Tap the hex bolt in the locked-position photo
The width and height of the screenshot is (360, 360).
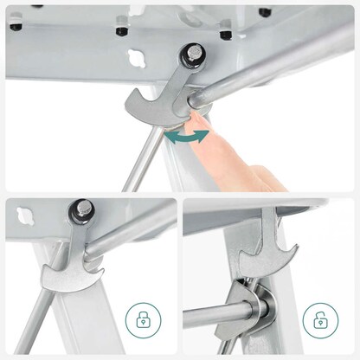click(83, 209)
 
